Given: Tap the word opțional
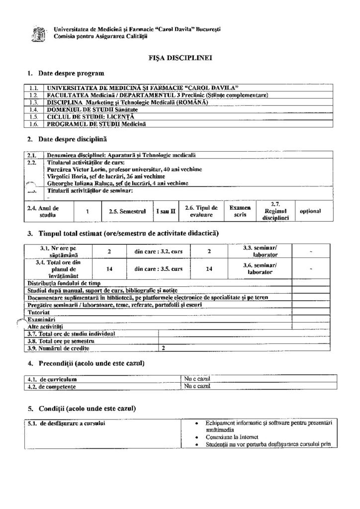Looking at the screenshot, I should (310, 211).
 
